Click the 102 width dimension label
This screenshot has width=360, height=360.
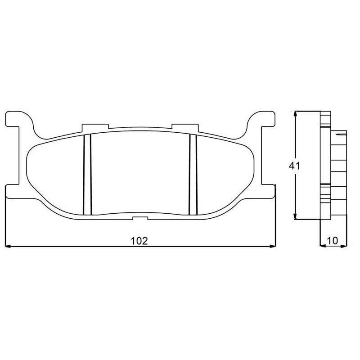coord(139,241)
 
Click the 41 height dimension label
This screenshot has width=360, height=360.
coord(294,166)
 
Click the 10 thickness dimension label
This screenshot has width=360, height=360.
coord(333,241)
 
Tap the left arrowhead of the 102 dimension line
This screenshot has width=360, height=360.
coord(8,246)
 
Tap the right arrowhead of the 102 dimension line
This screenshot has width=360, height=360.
coord(272,246)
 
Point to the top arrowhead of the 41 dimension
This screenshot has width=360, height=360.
coord(296,115)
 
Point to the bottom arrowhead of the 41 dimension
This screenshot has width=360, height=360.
coord(296,216)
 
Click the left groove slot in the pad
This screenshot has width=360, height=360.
coord(87,175)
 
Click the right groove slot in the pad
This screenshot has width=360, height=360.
coord(193,175)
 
